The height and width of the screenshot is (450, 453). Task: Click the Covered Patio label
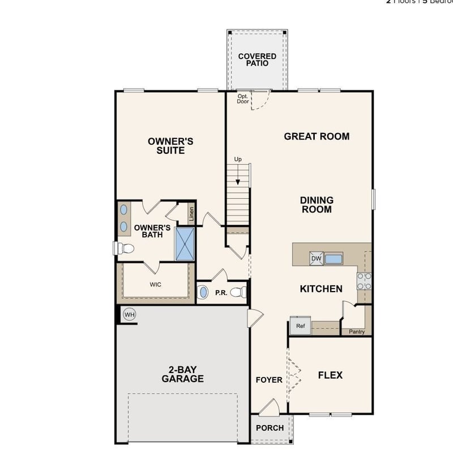pos(257,60)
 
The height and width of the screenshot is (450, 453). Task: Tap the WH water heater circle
pos(130,315)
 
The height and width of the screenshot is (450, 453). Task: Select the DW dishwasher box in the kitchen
pos(316,259)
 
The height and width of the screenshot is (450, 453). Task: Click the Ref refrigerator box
pos(300,326)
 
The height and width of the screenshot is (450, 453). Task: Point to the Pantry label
pos(357,332)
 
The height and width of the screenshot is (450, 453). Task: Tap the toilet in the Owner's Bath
pos(124,248)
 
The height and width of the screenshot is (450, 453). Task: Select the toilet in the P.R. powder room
pos(241,293)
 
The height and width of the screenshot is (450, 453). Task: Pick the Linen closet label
pos(192,213)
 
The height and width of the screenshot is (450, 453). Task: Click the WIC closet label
pos(155,284)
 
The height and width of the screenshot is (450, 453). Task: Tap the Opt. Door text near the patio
pos(243,98)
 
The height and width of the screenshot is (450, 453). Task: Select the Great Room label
pos(317,136)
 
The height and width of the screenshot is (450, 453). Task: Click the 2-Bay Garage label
pos(182,374)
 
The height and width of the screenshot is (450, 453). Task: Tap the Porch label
pos(270,428)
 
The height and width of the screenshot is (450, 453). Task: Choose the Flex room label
pos(330,375)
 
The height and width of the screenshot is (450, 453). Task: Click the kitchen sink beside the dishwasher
pos(334,259)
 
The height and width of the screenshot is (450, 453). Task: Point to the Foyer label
pos(268,380)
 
